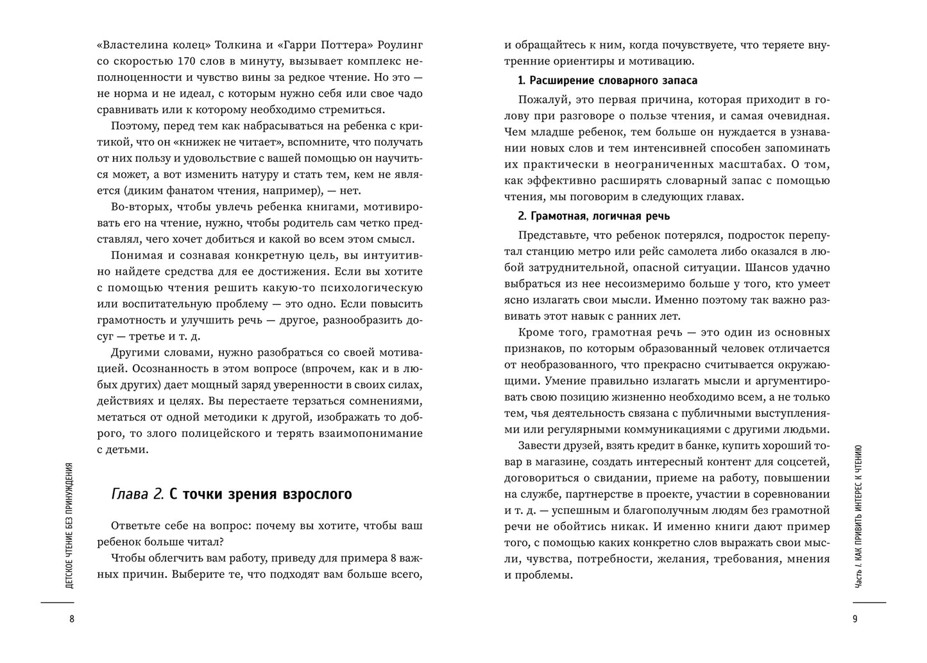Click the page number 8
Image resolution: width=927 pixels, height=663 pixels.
click(x=71, y=619)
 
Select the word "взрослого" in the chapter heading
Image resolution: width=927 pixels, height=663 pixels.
click(x=315, y=494)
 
